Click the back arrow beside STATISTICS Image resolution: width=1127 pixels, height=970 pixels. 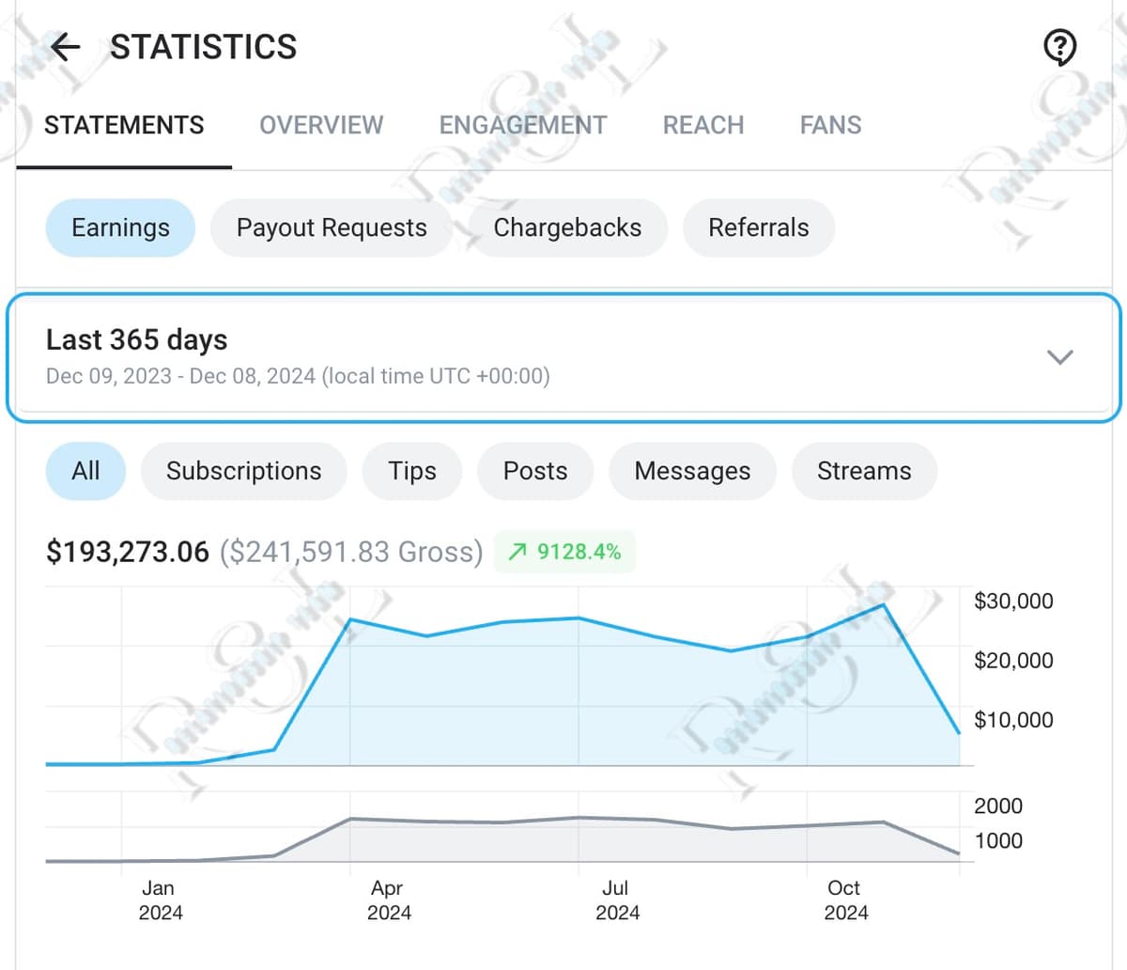point(66,46)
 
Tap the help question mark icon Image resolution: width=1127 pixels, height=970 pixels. point(1059,46)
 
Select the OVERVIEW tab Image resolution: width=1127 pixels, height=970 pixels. point(321,125)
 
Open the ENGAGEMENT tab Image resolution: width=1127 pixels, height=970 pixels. point(523,125)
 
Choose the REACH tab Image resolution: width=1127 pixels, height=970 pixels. point(703,125)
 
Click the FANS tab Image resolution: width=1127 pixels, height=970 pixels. point(830,125)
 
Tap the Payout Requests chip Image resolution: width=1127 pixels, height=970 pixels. point(332,227)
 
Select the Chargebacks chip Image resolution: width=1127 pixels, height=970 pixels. point(567,227)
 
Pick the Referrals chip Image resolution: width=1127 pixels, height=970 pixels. point(758,227)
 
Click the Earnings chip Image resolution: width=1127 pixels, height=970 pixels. point(120,227)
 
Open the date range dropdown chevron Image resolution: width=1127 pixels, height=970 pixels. point(1059,357)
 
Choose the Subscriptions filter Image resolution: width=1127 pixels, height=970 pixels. point(243,471)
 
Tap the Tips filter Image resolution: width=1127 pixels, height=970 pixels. point(412,471)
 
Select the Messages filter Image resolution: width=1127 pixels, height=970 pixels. point(692,471)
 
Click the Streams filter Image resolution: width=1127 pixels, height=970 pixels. point(864,471)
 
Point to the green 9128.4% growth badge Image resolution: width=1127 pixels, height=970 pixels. point(564,552)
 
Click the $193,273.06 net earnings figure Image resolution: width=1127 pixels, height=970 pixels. point(128,552)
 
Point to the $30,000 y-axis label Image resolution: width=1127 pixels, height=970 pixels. point(1013,601)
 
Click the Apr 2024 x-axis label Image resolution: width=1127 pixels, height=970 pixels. point(388,900)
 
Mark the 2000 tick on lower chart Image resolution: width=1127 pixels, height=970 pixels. point(997,806)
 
